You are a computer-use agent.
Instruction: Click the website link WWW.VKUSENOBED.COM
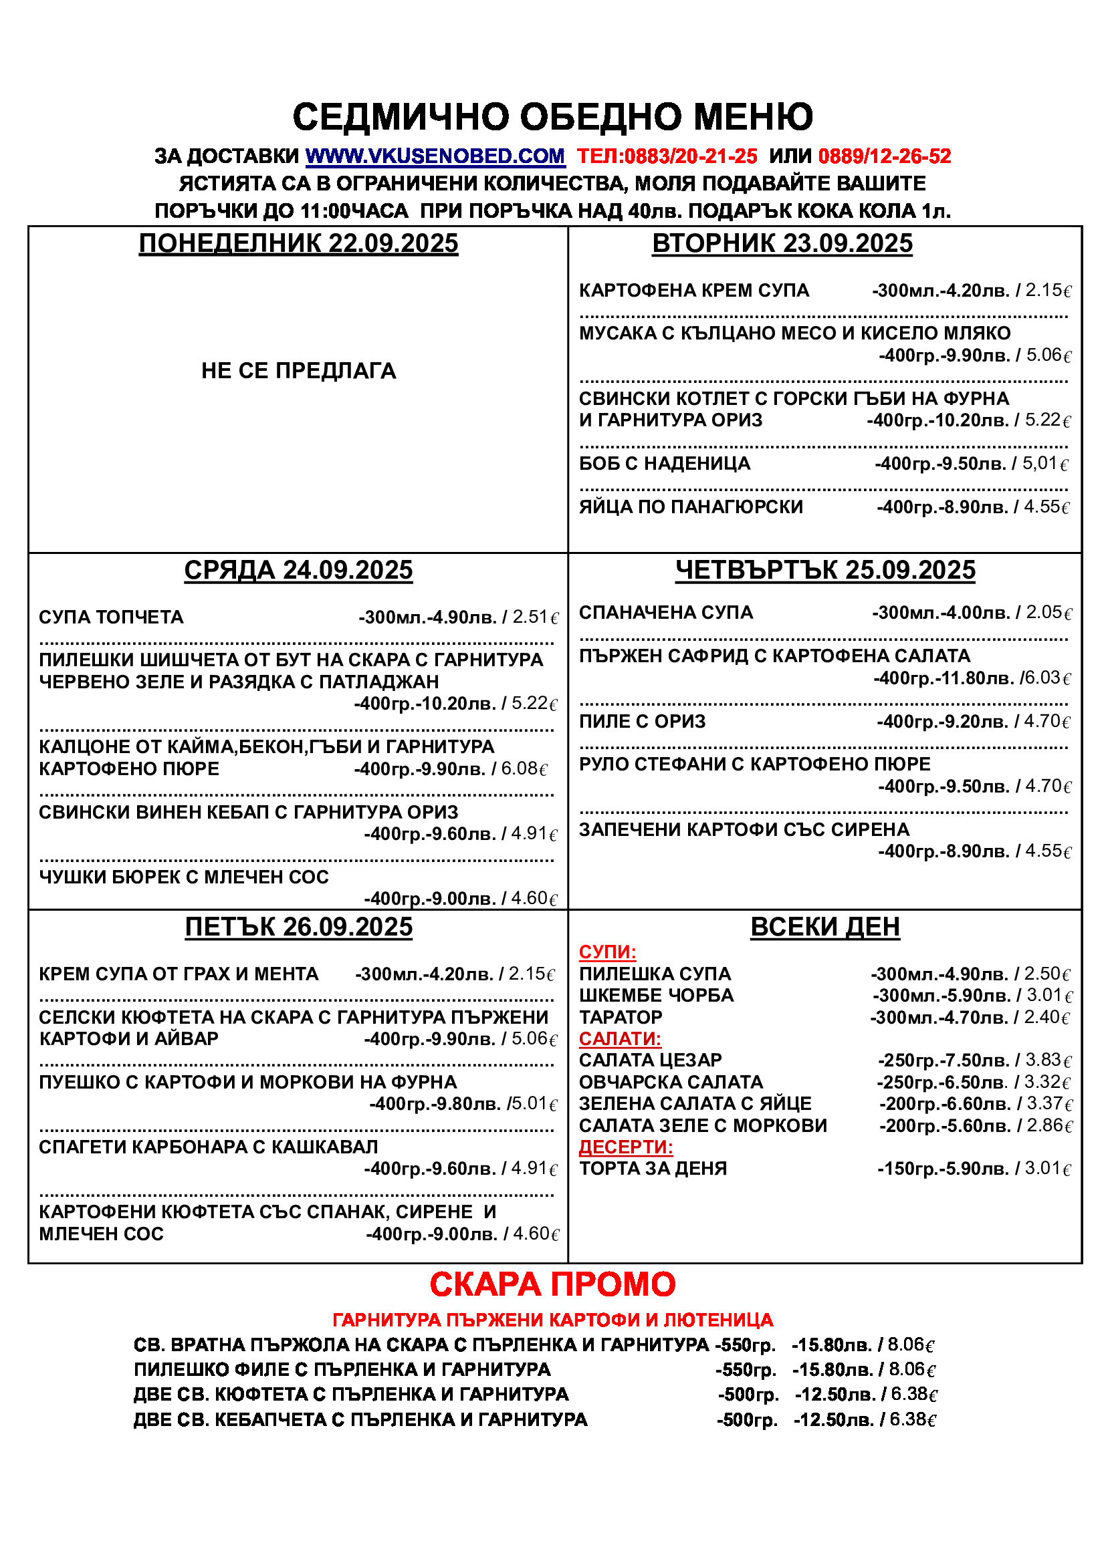click(x=435, y=156)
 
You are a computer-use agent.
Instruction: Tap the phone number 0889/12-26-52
click(x=884, y=156)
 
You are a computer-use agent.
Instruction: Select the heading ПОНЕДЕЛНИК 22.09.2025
click(x=298, y=244)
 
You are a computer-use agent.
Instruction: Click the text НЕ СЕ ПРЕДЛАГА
click(x=298, y=371)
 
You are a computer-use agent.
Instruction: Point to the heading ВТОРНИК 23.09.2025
click(x=782, y=244)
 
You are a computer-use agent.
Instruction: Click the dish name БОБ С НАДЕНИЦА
click(x=665, y=464)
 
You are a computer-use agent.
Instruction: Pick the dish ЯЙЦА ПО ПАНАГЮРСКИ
click(x=691, y=507)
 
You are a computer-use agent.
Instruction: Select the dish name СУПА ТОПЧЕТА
click(x=111, y=617)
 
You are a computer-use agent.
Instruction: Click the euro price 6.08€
click(x=524, y=769)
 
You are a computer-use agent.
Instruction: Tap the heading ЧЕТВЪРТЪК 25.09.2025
click(x=824, y=571)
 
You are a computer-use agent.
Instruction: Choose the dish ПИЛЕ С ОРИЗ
click(x=642, y=722)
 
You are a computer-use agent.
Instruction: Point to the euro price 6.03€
click(x=1047, y=678)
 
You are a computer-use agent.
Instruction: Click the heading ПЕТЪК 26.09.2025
click(x=298, y=928)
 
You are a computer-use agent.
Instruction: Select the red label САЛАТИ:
click(x=620, y=1039)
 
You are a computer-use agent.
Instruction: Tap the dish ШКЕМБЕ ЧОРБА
click(x=656, y=996)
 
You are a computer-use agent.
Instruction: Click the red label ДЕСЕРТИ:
click(x=626, y=1147)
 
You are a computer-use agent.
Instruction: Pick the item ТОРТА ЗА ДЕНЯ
click(x=653, y=1169)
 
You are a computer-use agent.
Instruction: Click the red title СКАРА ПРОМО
click(x=552, y=1284)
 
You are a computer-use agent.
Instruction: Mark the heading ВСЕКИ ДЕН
click(x=824, y=928)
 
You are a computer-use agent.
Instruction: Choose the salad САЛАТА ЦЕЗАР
click(x=650, y=1060)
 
